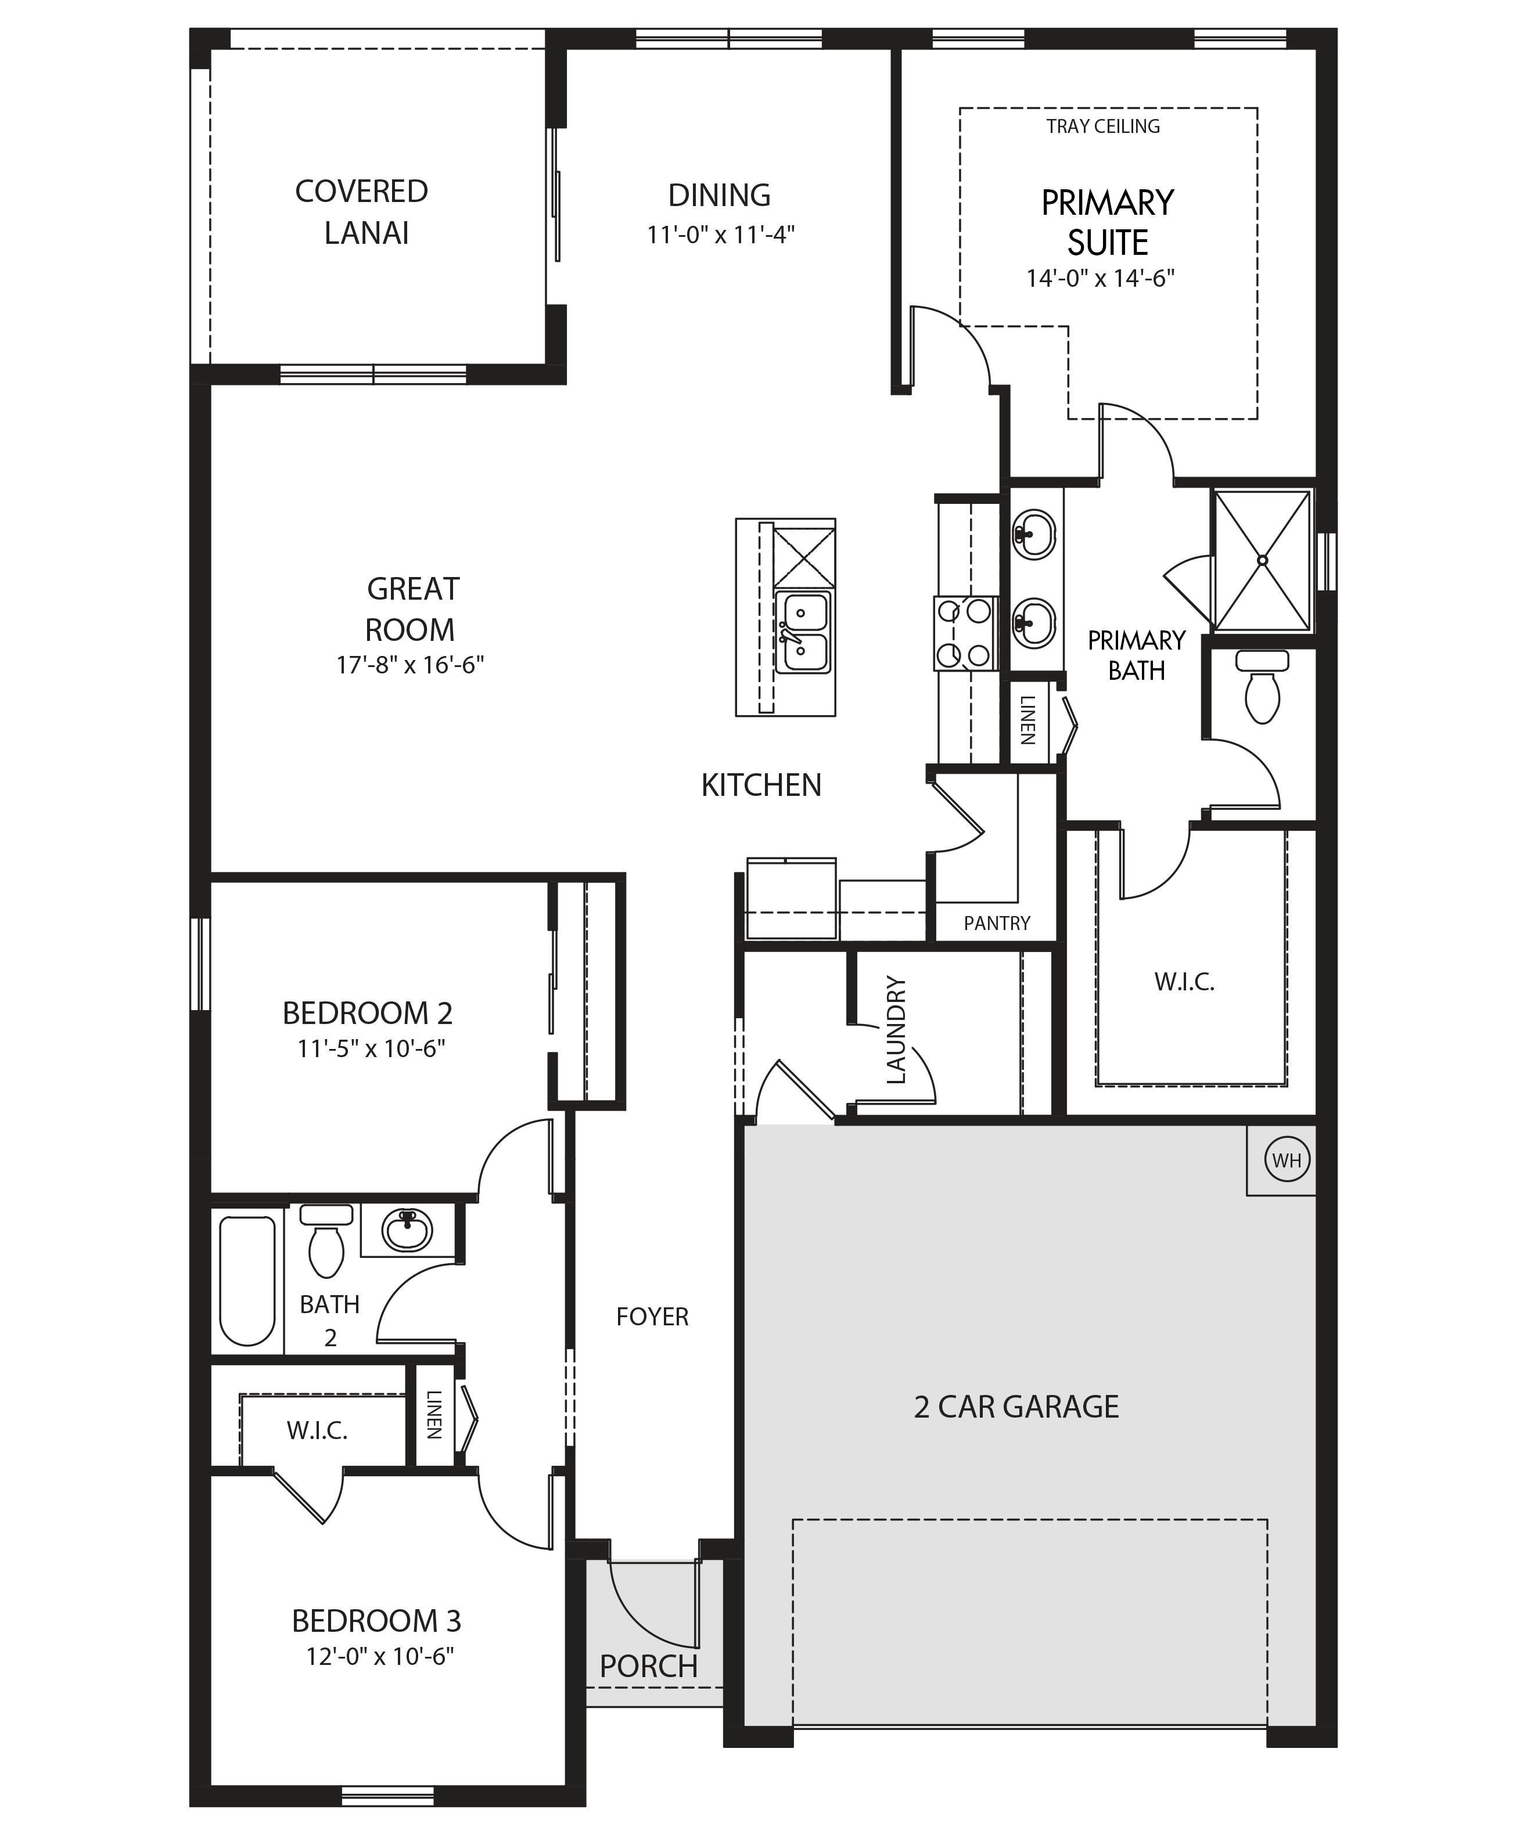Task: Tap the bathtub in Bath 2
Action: pos(247,1280)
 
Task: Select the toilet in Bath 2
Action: pos(326,1240)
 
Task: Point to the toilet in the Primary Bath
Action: pos(1262,687)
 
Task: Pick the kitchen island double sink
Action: pos(802,633)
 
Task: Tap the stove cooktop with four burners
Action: pos(965,633)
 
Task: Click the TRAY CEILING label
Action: pos(1103,127)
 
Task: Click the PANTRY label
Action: pos(997,924)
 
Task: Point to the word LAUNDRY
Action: pos(897,1030)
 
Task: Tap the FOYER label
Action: pos(652,1316)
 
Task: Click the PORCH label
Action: pos(649,1666)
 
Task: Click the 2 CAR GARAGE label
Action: pos(1016,1407)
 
